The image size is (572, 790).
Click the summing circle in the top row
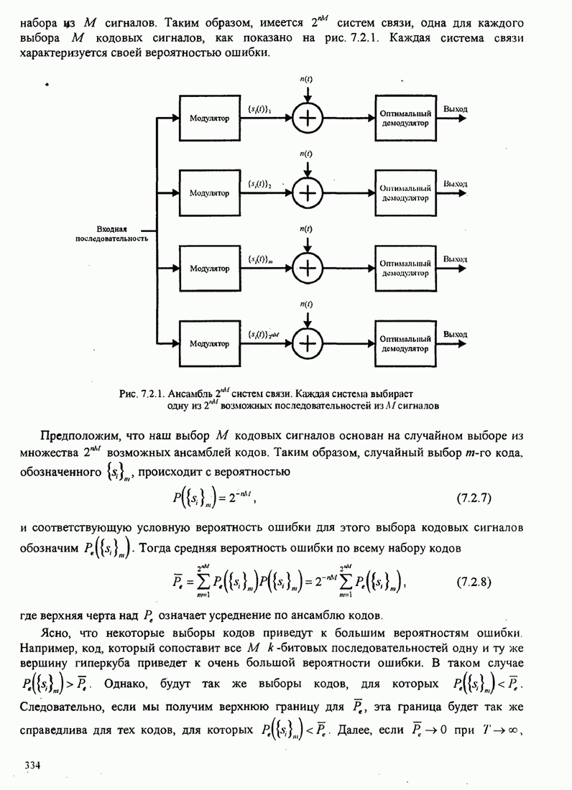coord(307,119)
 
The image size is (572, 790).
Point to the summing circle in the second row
coord(307,193)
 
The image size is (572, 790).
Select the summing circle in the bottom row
coord(307,343)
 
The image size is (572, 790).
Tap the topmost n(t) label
coord(306,79)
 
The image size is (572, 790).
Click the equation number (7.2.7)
coord(474,497)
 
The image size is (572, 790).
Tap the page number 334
coord(32,763)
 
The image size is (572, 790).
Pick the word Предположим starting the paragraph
coord(73,436)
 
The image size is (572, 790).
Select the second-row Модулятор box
coord(209,193)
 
